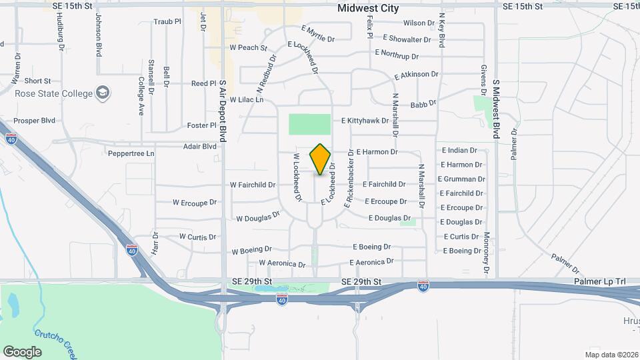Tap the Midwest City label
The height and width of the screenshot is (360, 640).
pos(368,9)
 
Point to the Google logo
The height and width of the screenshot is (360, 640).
pos(21,352)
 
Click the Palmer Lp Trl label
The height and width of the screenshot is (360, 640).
pos(600,283)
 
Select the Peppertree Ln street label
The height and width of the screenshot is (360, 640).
pos(131,153)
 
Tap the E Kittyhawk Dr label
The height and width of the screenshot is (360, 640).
pos(369,121)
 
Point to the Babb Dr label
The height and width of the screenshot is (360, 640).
pos(423,105)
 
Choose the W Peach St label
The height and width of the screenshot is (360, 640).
pos(248,48)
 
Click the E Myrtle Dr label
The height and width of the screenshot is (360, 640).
pos(318,35)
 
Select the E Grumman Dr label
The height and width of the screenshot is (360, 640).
pos(461,179)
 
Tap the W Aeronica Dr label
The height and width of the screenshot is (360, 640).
pos(282,263)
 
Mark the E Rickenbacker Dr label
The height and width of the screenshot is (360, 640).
pos(348,180)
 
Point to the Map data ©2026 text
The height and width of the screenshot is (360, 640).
pos(611,355)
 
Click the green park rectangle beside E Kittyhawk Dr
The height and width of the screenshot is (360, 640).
pos(309,124)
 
